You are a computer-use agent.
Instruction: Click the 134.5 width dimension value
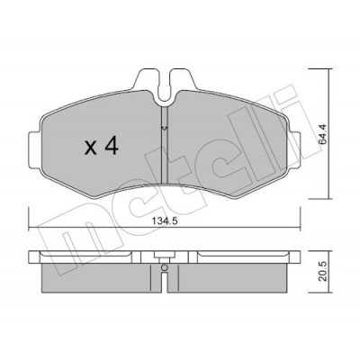165,221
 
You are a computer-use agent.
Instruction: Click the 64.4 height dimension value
323,134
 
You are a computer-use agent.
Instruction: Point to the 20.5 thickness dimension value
323,271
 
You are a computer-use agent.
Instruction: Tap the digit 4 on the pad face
110,147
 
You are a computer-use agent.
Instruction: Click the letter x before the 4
91,148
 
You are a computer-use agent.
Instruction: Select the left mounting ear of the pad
34,150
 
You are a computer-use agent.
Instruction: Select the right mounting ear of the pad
295,150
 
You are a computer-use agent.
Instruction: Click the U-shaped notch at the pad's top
164,87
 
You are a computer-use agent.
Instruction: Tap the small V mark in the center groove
164,129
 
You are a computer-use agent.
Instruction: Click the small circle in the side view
164,267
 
